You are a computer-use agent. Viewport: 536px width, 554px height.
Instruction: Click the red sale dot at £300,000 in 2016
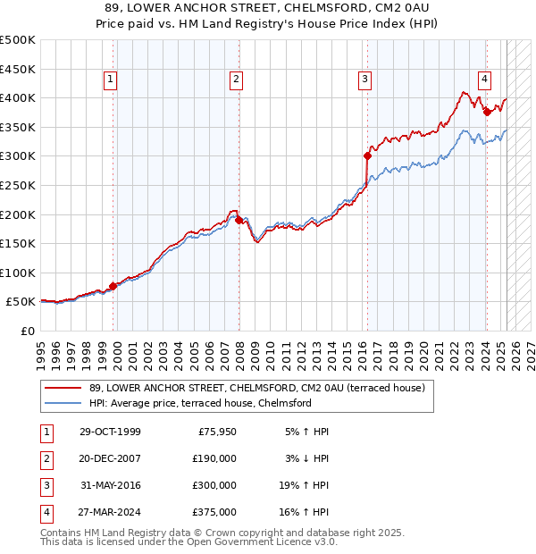367,156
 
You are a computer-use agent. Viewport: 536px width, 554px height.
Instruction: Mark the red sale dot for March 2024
487,113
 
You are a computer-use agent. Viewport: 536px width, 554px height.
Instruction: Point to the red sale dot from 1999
113,287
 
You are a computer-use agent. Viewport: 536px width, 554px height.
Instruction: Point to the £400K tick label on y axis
18,98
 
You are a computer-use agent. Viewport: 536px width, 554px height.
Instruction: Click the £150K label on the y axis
18,243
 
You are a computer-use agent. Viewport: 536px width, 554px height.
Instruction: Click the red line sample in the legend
63,388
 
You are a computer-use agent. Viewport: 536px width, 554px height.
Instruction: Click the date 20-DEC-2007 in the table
110,457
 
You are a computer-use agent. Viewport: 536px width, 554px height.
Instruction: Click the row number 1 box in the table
46,432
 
